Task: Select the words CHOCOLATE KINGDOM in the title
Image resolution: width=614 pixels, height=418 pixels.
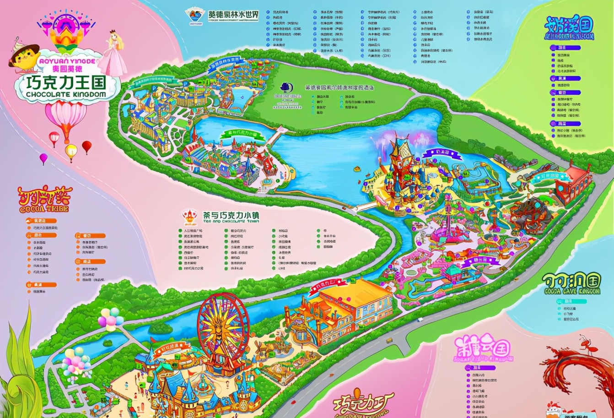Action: [66, 94]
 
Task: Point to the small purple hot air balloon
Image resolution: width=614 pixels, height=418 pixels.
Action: [43, 158]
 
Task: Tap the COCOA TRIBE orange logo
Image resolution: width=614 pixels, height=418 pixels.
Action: [43, 200]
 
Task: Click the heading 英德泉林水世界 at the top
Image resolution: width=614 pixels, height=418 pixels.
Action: [233, 15]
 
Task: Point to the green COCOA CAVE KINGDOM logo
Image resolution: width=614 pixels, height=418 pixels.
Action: [572, 284]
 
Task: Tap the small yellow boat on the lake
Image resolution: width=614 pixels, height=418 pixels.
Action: [356, 168]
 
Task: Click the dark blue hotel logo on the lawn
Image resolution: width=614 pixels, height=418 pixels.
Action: [288, 98]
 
